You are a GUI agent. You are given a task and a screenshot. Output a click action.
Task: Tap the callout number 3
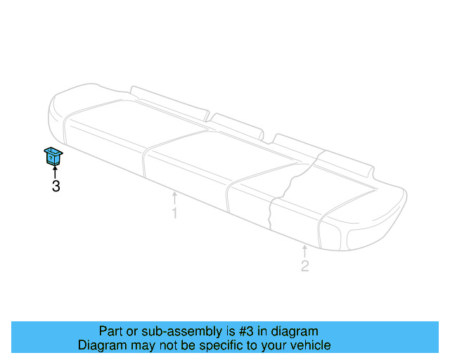[x=56, y=186]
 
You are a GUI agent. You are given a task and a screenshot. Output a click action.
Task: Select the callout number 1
[x=174, y=212]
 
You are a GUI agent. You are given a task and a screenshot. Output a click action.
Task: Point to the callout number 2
[x=304, y=266]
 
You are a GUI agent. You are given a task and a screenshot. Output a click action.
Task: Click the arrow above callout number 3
[x=55, y=172]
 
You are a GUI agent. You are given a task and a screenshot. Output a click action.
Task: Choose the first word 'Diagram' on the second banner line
[x=101, y=346]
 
